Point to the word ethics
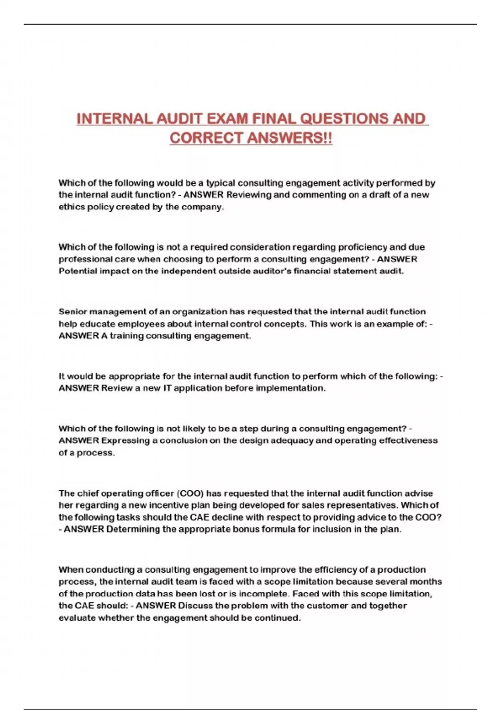point(71,207)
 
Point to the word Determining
point(133,529)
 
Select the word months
point(425,581)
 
